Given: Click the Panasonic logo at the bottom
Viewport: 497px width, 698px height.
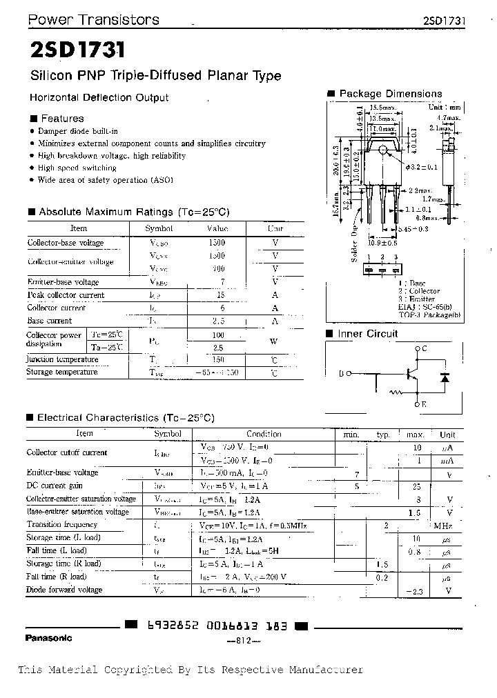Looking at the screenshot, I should (48, 637).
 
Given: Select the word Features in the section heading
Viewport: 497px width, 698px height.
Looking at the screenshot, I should (62, 119).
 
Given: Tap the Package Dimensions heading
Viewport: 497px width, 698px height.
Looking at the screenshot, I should (391, 94).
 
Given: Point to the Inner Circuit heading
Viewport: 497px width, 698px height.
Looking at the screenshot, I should (368, 334).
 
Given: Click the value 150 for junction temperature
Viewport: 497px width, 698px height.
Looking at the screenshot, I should (217, 359).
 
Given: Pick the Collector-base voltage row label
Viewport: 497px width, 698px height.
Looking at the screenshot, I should (65, 243).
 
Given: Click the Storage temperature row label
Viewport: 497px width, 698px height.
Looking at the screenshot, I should (61, 372).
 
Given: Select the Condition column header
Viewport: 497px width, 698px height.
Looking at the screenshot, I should (264, 434).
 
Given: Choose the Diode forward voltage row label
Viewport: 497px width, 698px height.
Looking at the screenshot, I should (64, 590).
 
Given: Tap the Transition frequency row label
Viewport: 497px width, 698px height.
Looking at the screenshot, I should (61, 525).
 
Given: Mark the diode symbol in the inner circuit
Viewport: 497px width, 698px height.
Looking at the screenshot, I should (445, 378).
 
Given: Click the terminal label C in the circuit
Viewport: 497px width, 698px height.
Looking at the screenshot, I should (424, 348).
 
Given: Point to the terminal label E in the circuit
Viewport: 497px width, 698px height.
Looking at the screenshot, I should (424, 404).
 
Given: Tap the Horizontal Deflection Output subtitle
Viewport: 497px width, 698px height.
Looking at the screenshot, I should (99, 98).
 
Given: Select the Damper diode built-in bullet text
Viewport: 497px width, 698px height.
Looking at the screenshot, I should (77, 131).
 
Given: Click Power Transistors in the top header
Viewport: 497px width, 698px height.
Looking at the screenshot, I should (93, 20).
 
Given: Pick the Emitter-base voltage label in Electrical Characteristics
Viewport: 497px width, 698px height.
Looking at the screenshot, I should (62, 472).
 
